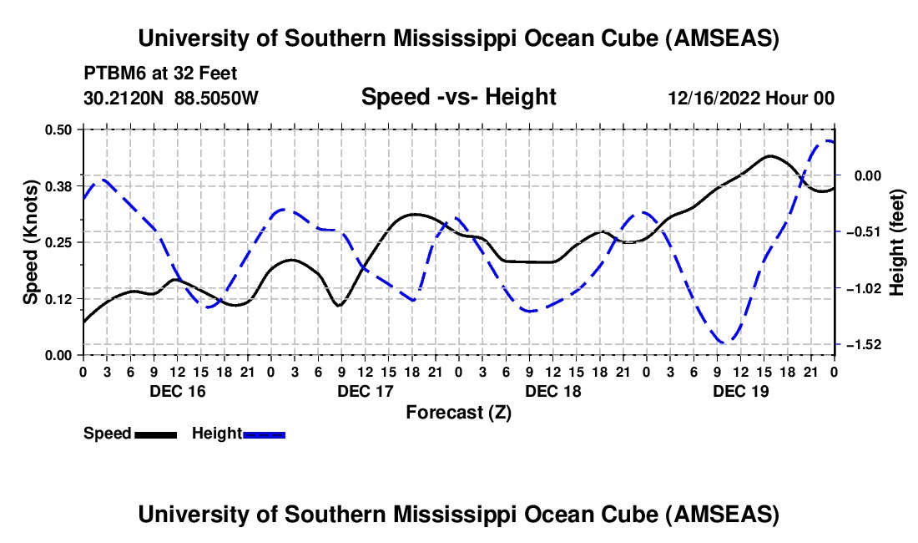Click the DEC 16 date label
(177, 391)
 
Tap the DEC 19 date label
(740, 391)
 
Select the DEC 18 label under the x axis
(552, 391)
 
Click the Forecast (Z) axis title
(458, 412)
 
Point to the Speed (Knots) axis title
(31, 242)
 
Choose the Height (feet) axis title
(897, 242)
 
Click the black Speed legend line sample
(155, 434)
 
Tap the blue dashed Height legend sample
(264, 434)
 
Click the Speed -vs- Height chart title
(458, 98)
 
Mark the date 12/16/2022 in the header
(714, 99)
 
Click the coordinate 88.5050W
(216, 99)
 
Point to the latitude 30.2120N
(124, 99)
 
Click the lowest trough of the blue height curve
(724, 342)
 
